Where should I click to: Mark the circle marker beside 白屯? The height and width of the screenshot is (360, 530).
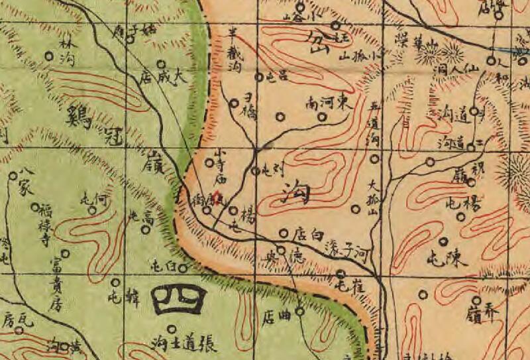[x=184, y=267]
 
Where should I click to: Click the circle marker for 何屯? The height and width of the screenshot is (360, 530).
[x=91, y=210]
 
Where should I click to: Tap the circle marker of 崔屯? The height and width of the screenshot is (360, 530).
[x=341, y=273]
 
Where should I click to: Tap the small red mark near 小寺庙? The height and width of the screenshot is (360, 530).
[x=221, y=195]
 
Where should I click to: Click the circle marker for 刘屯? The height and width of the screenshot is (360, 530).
[x=255, y=171]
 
